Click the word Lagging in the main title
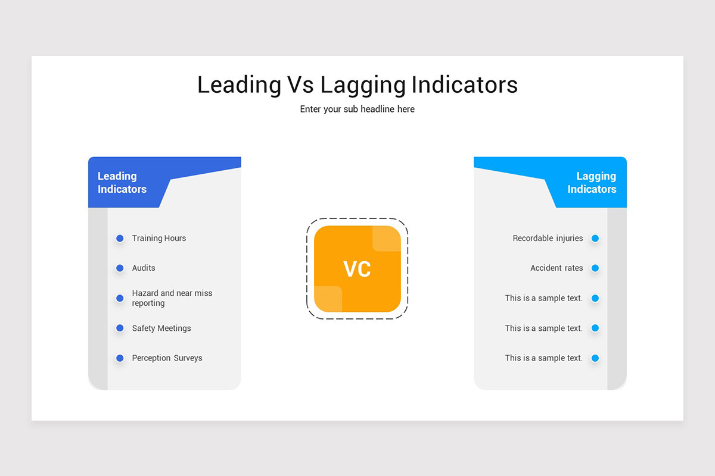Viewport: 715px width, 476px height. pos(363,85)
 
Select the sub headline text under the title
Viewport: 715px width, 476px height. pos(357,109)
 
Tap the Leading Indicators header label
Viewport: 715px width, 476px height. pos(122,183)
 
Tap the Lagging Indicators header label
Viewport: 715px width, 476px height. pos(592,183)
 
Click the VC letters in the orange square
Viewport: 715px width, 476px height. pos(357,269)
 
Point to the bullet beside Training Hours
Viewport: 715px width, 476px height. pos(120,239)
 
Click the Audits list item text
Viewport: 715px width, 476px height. pos(144,268)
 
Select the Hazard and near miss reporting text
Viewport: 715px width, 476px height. pos(172,298)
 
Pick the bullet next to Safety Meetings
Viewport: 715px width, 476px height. pos(120,328)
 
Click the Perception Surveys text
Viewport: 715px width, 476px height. pos(167,358)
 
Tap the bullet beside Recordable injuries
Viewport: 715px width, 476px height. pos(595,239)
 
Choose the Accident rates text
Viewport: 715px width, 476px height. pos(557,268)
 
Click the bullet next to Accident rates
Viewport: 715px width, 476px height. pos(595,268)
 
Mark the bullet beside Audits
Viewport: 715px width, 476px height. pos(120,268)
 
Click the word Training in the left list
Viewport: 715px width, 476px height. pos(147,239)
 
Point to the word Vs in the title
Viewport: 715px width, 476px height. pos(300,85)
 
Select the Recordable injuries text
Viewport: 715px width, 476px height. pos(548,239)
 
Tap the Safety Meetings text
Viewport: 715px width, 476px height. pos(161,328)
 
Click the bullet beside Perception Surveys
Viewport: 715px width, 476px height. pos(120,358)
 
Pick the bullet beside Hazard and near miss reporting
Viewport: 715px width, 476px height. pos(120,298)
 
